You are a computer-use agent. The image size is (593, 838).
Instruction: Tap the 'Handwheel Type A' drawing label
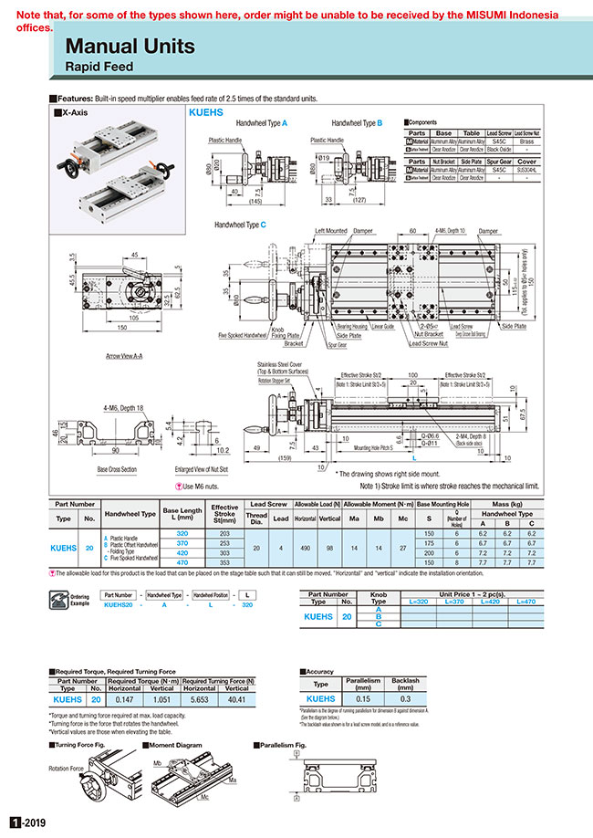(262, 121)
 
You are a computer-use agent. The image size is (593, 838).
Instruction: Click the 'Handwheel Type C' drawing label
(240, 224)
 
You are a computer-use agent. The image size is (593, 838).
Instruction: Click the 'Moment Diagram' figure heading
(172, 746)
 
